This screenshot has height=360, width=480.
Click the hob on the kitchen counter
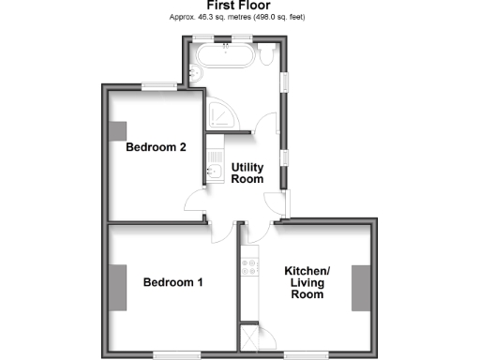coord(249,267)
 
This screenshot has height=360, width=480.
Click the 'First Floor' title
coord(240,6)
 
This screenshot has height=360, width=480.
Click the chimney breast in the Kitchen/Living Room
coord(360,287)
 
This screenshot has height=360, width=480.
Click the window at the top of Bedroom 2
coord(159,87)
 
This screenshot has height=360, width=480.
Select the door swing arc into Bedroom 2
coord(194,199)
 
